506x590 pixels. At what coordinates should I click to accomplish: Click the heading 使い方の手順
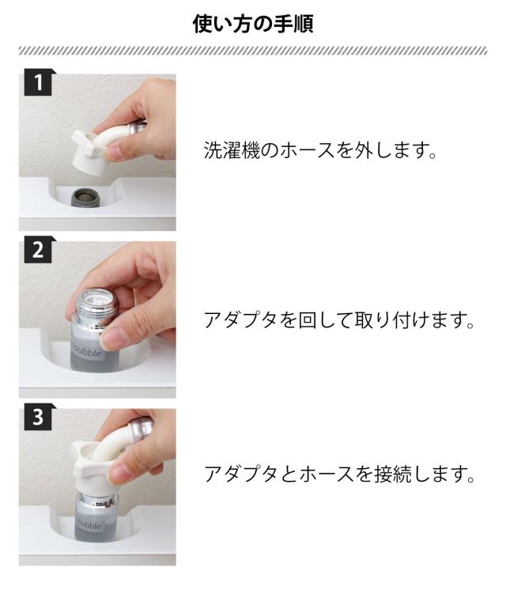click(253, 24)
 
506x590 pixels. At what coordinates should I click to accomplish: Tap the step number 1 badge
click(39, 82)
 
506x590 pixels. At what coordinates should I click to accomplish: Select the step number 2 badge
click(39, 249)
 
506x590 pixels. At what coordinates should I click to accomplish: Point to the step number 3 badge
click(39, 417)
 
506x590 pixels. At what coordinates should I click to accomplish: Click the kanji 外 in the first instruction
click(364, 150)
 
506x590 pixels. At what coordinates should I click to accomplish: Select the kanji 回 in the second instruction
click(308, 320)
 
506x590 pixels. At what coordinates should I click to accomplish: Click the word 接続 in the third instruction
click(392, 474)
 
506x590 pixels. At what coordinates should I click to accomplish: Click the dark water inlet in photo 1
click(85, 197)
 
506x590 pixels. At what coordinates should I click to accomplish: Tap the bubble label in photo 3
click(88, 524)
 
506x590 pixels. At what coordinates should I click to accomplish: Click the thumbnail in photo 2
click(111, 338)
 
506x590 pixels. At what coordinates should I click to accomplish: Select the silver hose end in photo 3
click(141, 429)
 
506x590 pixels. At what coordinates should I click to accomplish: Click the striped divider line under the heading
click(253, 51)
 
